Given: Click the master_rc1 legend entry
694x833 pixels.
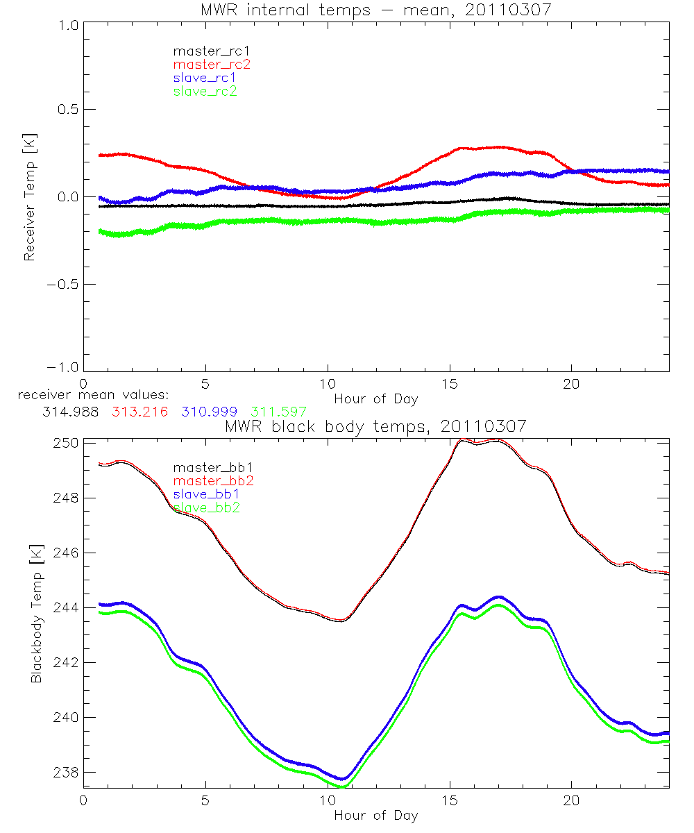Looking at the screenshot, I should coord(205,51).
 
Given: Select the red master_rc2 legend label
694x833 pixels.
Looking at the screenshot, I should coord(211,64).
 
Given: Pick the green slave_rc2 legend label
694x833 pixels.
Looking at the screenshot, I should coord(205,90).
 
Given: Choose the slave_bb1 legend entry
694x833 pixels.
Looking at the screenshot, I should coord(205,494).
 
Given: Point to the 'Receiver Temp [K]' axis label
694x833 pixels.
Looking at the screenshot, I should coord(29,196).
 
